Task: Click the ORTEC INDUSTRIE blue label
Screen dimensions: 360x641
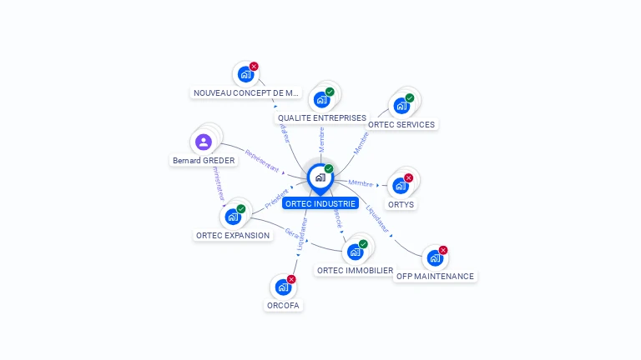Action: [x=320, y=203]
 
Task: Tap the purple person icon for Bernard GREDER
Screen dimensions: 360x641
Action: [x=203, y=142]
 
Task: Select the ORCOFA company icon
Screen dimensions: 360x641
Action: [x=283, y=287]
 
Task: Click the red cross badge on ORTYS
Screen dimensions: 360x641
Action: [x=409, y=177]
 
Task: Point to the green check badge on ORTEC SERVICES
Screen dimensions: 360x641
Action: [x=410, y=97]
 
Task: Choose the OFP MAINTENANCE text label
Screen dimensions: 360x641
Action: [x=435, y=276]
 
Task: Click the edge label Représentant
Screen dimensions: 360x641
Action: [x=262, y=161]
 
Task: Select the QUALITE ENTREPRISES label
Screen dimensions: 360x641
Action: [x=322, y=118]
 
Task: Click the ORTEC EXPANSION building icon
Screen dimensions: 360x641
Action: [x=233, y=217]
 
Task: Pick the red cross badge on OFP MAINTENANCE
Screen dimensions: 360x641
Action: [x=443, y=250]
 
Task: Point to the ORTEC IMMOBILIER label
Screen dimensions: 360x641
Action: [x=355, y=270]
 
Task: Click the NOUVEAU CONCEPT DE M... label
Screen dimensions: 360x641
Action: [x=245, y=92]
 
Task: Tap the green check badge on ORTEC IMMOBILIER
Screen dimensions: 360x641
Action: [x=363, y=244]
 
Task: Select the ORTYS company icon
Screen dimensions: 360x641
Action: [x=401, y=186]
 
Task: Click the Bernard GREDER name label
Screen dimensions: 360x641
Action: [x=204, y=160]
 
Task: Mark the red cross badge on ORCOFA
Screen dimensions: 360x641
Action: [x=291, y=279]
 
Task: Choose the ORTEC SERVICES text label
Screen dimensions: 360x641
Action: [x=401, y=124]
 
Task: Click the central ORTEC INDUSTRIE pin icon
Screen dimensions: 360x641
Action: [x=320, y=177]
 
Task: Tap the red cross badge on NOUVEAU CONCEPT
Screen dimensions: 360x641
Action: [x=254, y=67]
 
